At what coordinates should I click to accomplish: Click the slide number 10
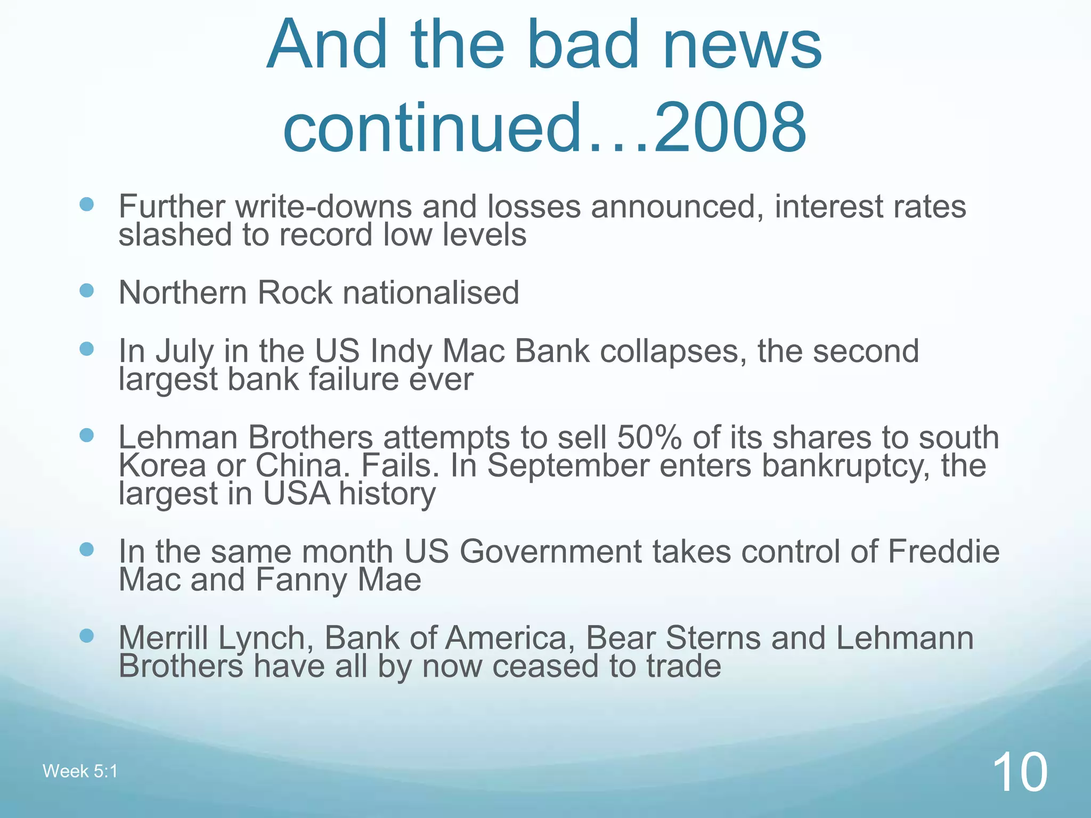click(1020, 772)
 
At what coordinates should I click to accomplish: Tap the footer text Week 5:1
click(80, 771)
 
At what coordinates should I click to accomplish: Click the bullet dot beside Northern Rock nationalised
click(86, 290)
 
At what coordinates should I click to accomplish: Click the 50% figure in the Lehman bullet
click(649, 438)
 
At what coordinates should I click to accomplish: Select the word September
click(568, 465)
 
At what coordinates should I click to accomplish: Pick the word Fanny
click(300, 580)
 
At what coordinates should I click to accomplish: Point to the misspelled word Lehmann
click(905, 638)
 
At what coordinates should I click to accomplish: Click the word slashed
click(175, 235)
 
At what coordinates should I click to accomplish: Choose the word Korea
click(162, 465)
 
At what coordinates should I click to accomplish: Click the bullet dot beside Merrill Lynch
click(86, 635)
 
